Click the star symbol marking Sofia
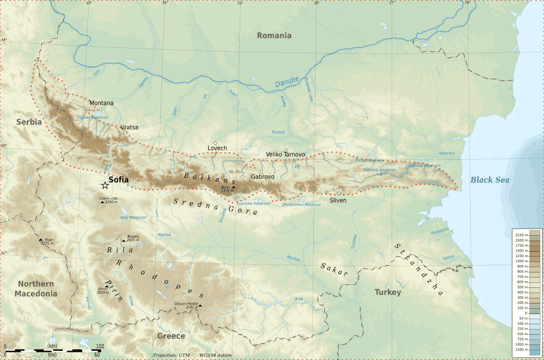(x=105, y=185)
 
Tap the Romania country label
(x=274, y=35)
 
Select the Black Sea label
(x=490, y=180)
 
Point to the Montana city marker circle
(x=101, y=110)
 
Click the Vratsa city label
(x=129, y=127)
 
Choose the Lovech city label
(x=217, y=148)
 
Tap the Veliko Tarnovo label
(x=286, y=155)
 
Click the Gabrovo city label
(x=263, y=177)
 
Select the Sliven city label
(x=338, y=200)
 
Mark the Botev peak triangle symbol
(x=233, y=187)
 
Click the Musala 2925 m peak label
(x=133, y=238)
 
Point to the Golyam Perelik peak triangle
(x=200, y=306)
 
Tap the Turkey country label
(x=388, y=292)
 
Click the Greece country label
(x=171, y=336)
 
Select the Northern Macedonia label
(x=36, y=289)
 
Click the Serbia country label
(x=29, y=122)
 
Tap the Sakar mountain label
(x=335, y=269)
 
